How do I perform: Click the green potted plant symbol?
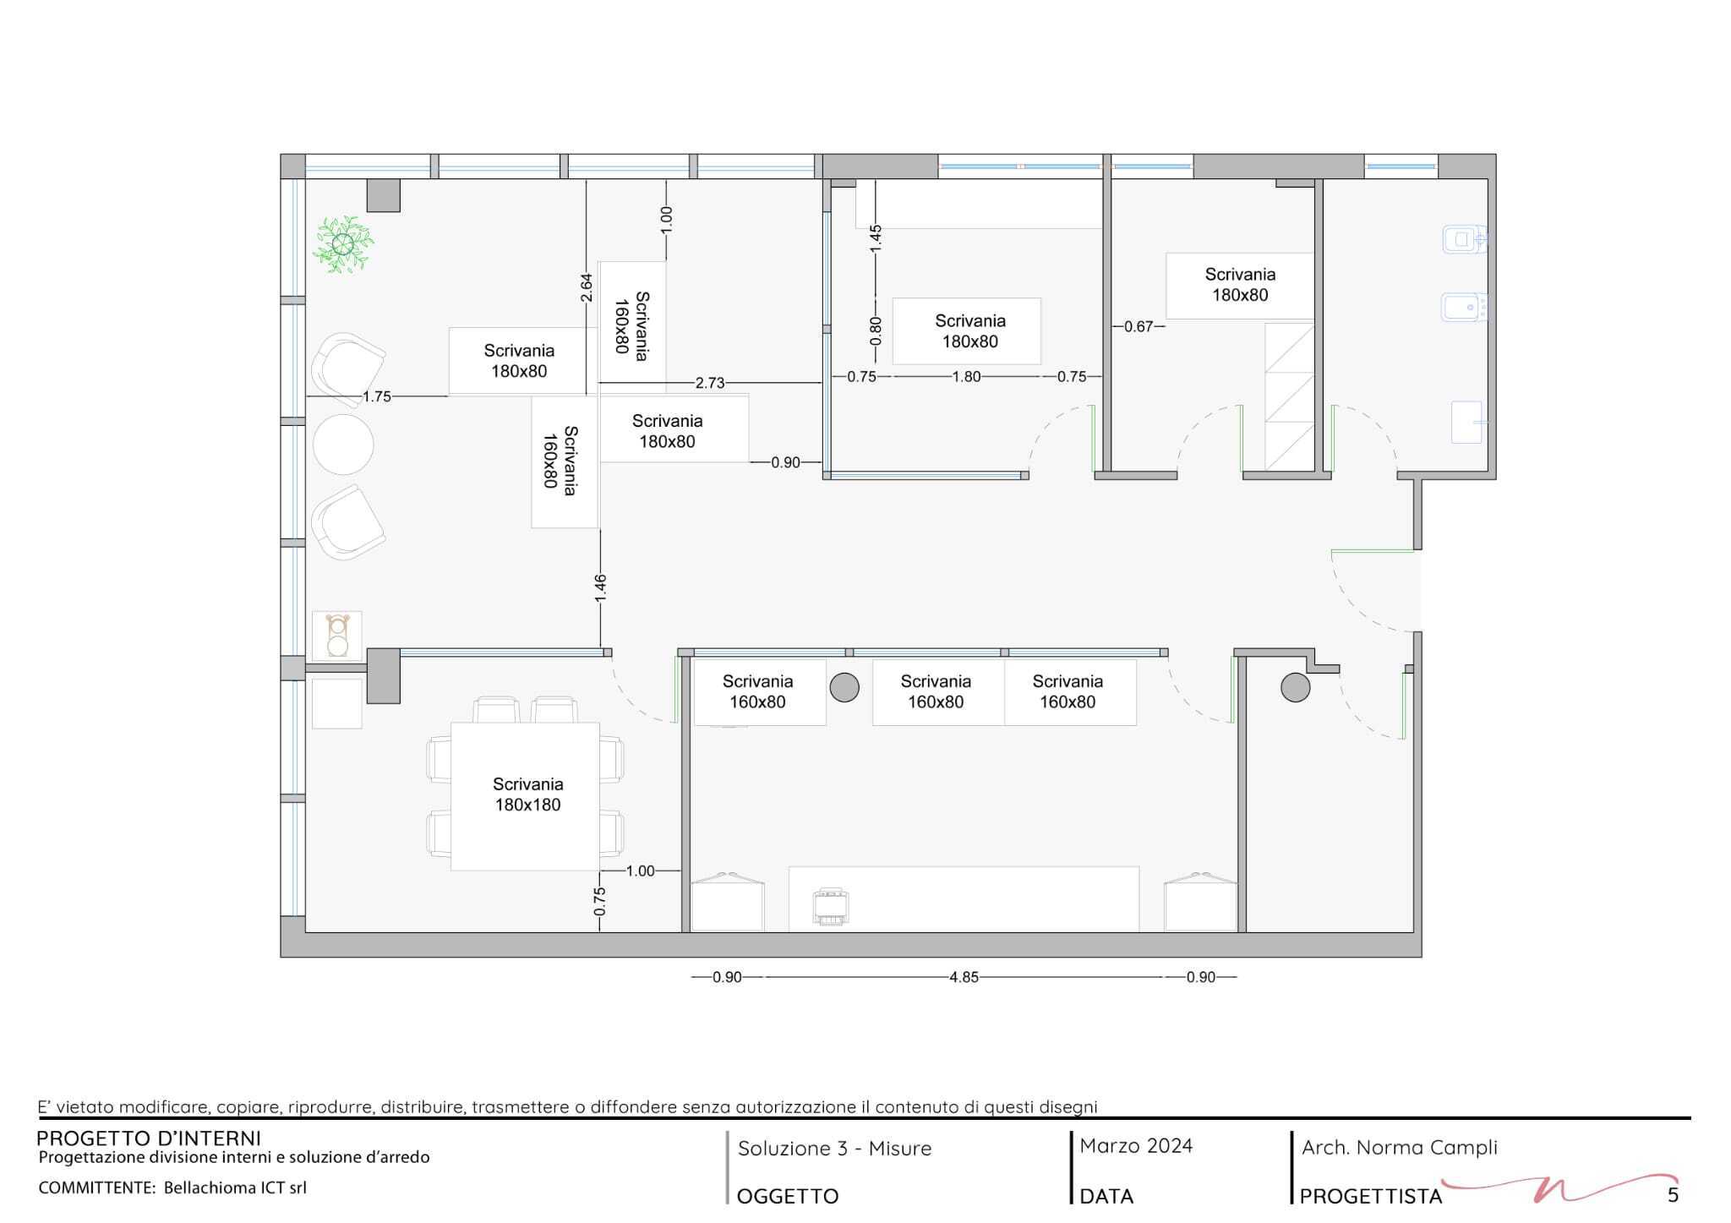(x=343, y=245)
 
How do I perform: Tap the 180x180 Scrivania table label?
(x=528, y=794)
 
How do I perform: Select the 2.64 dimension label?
(x=587, y=287)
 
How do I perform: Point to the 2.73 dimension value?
(x=710, y=383)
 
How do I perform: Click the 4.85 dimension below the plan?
(x=964, y=977)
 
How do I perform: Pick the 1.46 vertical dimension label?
(x=600, y=588)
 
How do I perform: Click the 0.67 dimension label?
(x=1139, y=326)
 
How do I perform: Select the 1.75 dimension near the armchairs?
(x=377, y=396)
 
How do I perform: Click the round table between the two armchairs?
(x=343, y=445)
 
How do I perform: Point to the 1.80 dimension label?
(x=966, y=377)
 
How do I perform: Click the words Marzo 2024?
(x=1136, y=1146)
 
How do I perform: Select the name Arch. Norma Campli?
(x=1400, y=1148)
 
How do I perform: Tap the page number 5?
(x=1673, y=1195)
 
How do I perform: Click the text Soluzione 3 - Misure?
(x=835, y=1149)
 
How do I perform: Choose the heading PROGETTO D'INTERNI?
(x=149, y=1138)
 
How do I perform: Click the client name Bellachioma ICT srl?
(x=235, y=1188)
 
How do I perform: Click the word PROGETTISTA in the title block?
(x=1371, y=1196)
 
